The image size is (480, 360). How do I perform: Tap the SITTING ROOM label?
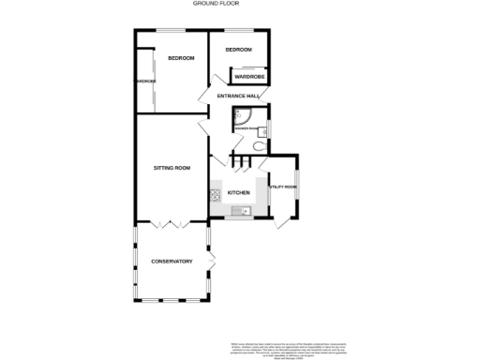(172, 168)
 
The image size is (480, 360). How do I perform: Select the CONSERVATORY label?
(172, 261)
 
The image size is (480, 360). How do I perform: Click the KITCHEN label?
(238, 193)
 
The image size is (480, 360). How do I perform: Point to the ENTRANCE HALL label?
(237, 97)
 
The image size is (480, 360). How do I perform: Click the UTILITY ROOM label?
(283, 187)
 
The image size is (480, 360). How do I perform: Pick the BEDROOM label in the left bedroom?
(181, 58)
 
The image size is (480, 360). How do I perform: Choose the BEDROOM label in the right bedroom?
(238, 49)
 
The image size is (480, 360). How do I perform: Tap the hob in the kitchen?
(215, 195)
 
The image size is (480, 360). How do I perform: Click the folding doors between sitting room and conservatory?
(171, 225)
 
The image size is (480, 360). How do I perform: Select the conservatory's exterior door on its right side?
(211, 256)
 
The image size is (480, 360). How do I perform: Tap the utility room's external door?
(280, 223)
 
